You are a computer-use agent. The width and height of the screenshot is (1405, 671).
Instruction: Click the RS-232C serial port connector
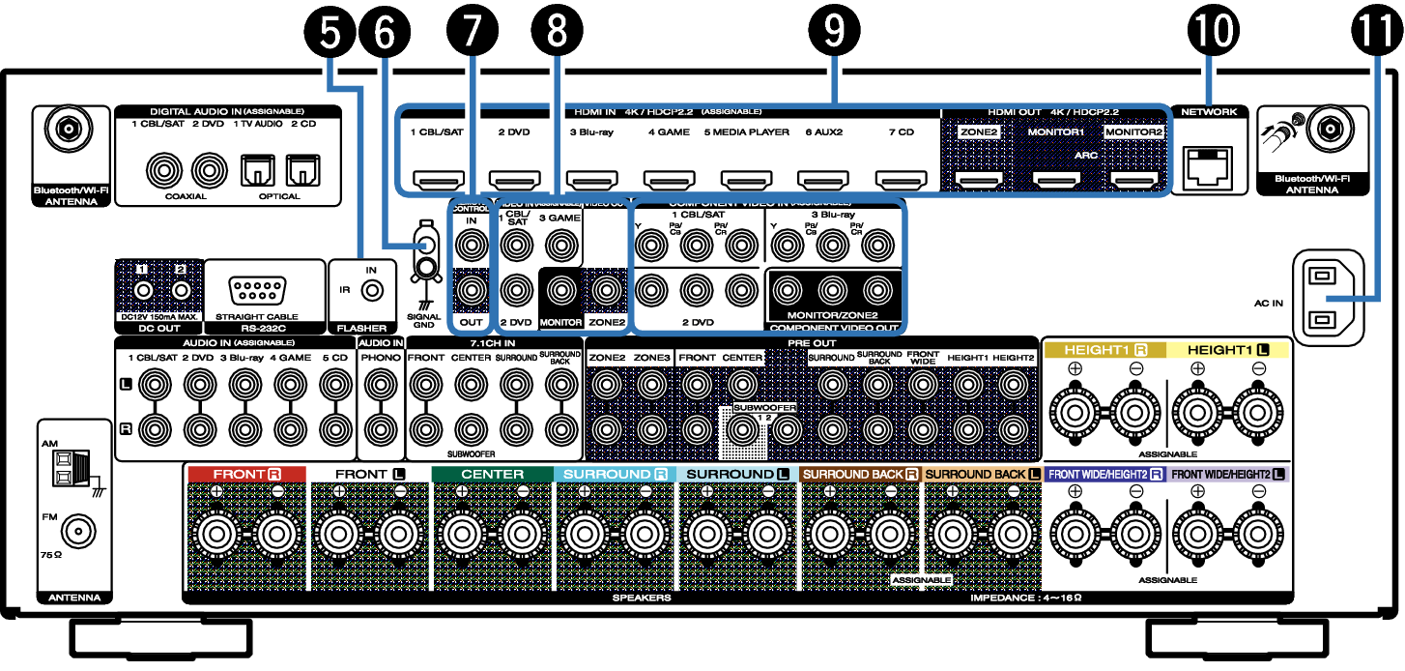tap(258, 290)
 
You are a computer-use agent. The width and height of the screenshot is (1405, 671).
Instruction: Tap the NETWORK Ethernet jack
tap(1207, 168)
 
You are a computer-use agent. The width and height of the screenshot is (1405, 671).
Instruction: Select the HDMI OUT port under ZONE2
tap(978, 179)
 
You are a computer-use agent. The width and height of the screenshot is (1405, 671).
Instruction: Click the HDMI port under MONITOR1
tap(1055, 179)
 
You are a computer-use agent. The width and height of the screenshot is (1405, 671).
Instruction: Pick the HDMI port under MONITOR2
tap(1133, 179)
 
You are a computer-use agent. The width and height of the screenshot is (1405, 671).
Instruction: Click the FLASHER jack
tap(371, 290)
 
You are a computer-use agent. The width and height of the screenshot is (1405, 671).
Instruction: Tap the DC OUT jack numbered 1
tap(143, 290)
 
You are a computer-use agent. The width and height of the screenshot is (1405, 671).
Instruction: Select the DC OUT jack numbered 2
tap(181, 290)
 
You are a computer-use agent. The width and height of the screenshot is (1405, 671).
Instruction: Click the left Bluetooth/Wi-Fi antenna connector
tap(69, 128)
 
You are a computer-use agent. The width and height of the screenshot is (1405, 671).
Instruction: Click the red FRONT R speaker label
tap(246, 474)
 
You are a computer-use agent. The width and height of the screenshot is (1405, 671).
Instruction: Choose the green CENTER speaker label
tap(492, 474)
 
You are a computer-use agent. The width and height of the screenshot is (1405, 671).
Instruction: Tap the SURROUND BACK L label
tap(983, 474)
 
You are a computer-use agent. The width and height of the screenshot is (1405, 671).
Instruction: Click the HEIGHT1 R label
tap(1104, 350)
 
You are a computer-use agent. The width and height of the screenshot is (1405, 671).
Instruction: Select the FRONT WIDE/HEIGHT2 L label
tap(1228, 474)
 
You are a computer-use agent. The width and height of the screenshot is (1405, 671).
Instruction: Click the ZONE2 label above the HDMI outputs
tap(978, 131)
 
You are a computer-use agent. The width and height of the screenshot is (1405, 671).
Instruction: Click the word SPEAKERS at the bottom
tap(642, 598)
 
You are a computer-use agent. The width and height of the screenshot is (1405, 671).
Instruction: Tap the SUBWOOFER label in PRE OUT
tap(763, 408)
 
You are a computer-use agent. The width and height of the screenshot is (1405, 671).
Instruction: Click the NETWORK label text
tap(1209, 112)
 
